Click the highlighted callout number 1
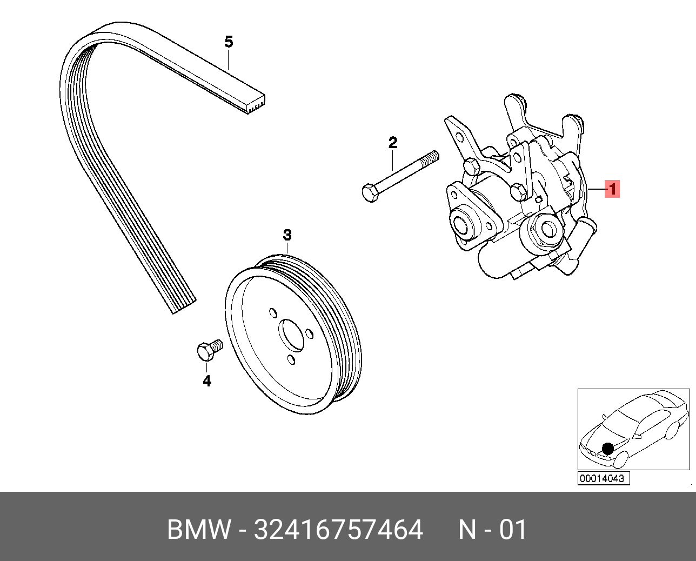[x=612, y=189]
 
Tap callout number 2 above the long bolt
[x=393, y=143]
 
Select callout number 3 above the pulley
[x=287, y=235]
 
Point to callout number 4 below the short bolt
[x=207, y=381]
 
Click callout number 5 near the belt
[x=229, y=42]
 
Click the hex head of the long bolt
[x=370, y=192]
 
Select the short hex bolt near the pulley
[x=209, y=350]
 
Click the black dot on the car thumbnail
[x=608, y=448]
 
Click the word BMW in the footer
[x=198, y=530]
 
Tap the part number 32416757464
[x=338, y=530]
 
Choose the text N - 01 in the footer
[x=492, y=530]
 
